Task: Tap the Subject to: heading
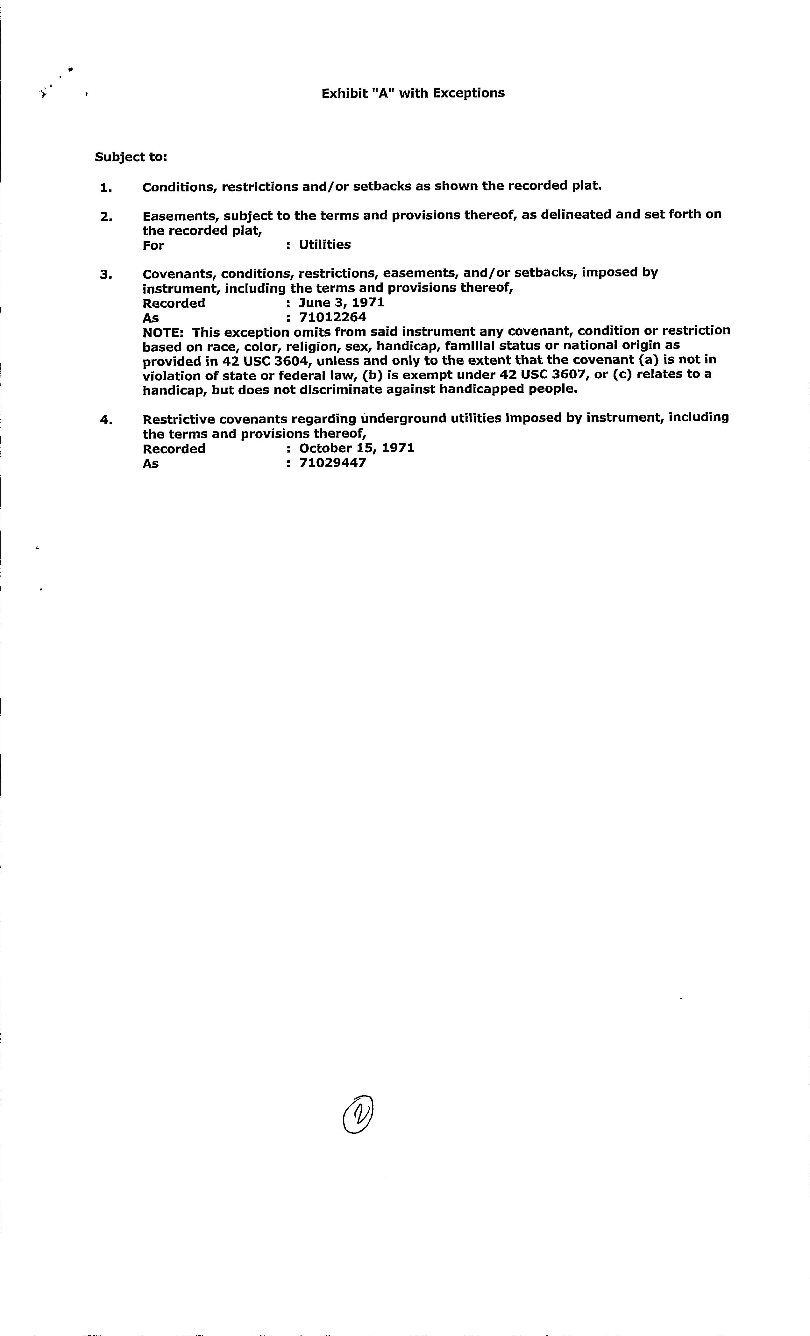click(131, 157)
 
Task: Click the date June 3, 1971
click(342, 303)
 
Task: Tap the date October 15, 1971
click(356, 448)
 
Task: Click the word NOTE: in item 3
click(164, 332)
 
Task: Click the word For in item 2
click(153, 245)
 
